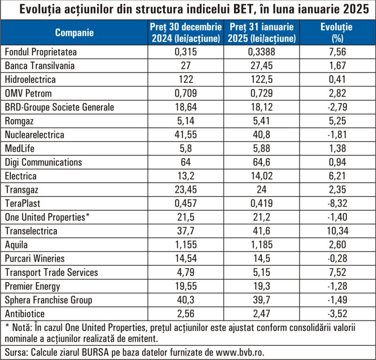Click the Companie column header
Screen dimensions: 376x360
(x=74, y=32)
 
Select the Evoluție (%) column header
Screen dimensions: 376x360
(x=337, y=32)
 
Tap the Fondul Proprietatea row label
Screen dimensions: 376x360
(x=41, y=52)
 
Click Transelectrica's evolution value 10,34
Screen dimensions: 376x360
(x=337, y=231)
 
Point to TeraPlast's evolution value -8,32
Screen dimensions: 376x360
(x=337, y=203)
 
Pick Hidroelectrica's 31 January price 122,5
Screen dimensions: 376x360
(x=262, y=80)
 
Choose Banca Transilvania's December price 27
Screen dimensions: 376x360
(x=186, y=66)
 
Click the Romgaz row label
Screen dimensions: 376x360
(x=19, y=121)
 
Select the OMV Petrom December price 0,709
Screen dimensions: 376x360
(x=186, y=94)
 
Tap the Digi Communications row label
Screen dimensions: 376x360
(x=43, y=162)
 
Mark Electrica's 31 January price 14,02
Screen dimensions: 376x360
(x=262, y=176)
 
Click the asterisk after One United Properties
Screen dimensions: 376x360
(x=87, y=215)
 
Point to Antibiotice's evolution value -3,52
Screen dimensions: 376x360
(x=337, y=314)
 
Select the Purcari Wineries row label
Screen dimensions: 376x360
(x=35, y=259)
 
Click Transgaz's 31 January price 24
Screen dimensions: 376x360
(x=262, y=190)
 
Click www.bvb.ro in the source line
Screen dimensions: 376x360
(x=240, y=352)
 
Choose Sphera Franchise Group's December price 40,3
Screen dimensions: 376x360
(x=186, y=300)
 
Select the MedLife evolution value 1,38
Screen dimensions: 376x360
(x=337, y=148)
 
